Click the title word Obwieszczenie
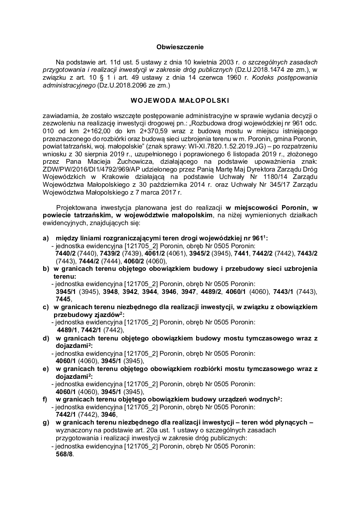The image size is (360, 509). tap(180, 46)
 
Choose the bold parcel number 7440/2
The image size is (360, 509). tap(66, 254)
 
